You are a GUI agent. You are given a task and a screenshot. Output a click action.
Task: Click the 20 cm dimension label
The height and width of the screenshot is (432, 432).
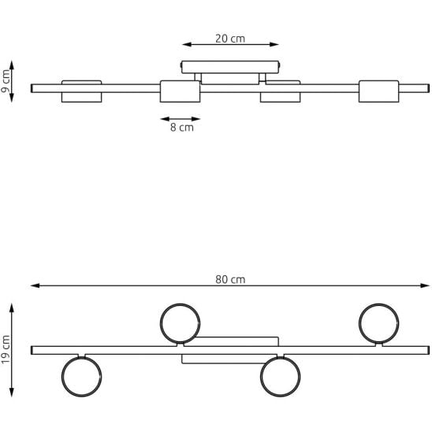(230, 39)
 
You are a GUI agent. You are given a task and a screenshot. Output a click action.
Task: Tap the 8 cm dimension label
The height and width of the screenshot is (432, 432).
(182, 127)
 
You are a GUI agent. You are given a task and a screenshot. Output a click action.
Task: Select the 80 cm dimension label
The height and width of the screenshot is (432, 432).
(230, 279)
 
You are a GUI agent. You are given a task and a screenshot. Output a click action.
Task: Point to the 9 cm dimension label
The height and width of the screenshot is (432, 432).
(6, 81)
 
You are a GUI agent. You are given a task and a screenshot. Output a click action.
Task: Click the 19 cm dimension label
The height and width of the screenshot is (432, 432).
(6, 350)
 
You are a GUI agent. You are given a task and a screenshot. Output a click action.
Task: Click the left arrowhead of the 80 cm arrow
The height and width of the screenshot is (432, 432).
(35, 285)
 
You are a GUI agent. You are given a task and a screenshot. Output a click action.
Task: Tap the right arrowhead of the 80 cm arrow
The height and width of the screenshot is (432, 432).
(425, 285)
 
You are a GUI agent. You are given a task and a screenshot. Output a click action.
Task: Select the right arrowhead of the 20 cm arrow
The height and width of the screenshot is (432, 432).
(274, 44)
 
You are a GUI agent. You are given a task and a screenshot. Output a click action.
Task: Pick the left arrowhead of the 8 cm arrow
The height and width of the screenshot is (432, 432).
(165, 119)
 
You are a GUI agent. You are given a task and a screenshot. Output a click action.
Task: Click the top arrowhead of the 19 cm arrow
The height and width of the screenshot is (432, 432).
(12, 307)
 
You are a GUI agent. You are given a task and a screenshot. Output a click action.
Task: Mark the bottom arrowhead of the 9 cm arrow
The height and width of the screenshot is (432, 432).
(12, 98)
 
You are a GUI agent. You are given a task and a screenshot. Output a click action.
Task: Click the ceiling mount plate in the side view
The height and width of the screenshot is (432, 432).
(230, 67)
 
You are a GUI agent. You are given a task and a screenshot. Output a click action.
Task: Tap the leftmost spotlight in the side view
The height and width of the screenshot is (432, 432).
(81, 91)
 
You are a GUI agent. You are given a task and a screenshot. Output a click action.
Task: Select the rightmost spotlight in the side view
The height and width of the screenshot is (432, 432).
(379, 91)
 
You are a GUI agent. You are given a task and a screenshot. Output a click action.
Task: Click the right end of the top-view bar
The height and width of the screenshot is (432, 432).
(429, 350)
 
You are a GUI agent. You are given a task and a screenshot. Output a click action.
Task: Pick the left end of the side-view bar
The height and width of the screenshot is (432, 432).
(32, 88)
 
